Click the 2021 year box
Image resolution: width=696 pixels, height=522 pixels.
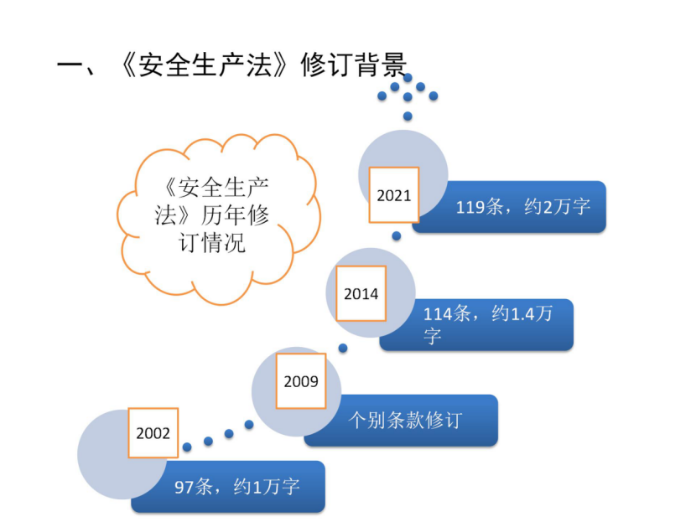pos(394,194)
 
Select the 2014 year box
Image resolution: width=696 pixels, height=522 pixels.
pos(361,293)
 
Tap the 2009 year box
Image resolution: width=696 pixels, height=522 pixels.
pos(301,381)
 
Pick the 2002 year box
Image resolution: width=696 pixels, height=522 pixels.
pos(153,433)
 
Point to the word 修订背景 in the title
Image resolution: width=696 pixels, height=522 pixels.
pos(354,65)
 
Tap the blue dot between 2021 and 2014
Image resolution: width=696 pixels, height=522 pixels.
pos(397,235)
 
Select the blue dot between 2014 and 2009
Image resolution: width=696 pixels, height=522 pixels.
pos(343,349)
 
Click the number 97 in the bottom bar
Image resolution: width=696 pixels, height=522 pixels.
pos(184,487)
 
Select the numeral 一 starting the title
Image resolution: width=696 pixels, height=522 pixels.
pos(70,66)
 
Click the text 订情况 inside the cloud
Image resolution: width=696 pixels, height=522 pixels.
pos(211,243)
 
